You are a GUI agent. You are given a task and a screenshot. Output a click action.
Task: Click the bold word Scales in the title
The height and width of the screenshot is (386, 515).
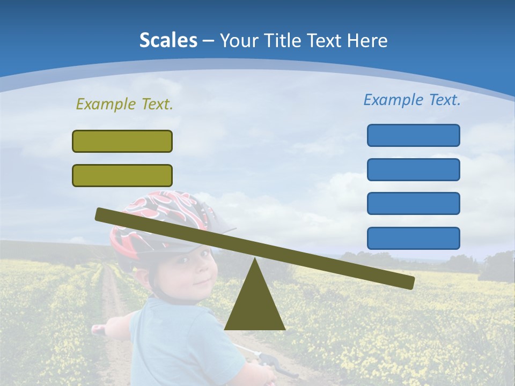(x=168, y=40)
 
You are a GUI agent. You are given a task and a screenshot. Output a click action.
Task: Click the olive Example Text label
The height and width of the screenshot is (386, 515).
(x=124, y=104)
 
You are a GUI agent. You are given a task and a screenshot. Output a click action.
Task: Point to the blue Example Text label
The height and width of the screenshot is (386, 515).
(x=412, y=100)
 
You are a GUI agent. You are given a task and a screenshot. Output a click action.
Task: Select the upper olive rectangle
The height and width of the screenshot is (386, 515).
(x=122, y=141)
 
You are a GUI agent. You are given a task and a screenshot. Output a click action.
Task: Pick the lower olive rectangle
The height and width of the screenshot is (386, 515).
(x=122, y=175)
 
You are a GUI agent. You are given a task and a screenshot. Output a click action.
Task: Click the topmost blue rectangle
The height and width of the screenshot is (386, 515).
(x=413, y=135)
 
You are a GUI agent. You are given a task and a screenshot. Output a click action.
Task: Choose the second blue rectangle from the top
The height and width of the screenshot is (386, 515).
(x=413, y=169)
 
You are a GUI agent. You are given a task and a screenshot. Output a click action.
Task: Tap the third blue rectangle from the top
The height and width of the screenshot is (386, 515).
(x=413, y=204)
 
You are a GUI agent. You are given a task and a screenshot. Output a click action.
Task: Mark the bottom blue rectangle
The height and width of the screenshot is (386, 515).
(x=413, y=238)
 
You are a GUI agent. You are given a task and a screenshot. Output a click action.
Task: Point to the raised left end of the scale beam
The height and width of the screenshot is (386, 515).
(x=102, y=214)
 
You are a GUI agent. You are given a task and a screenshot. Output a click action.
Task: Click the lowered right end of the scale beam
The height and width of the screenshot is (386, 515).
(x=408, y=281)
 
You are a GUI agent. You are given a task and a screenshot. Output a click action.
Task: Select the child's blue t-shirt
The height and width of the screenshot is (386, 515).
(x=177, y=343)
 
